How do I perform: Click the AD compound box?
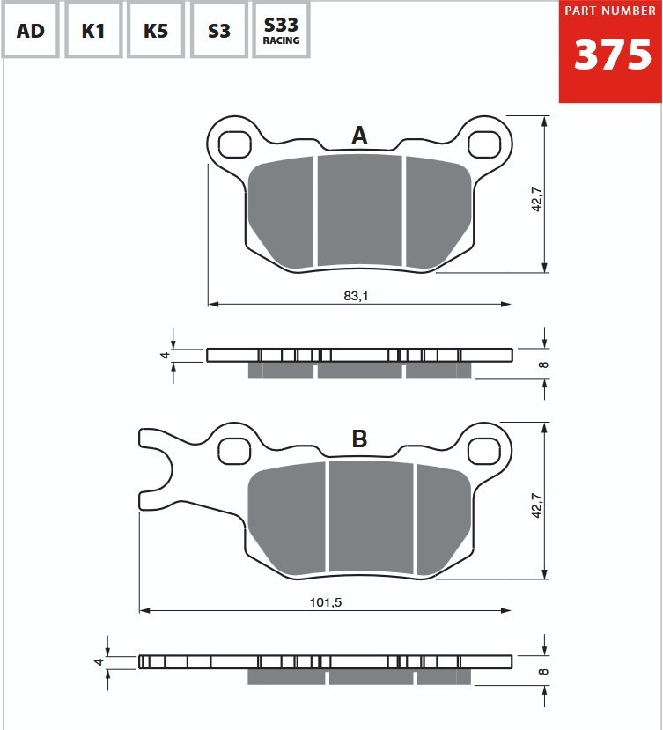pos(30,31)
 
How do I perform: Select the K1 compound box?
pos(93,31)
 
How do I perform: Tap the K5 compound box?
pos(156,31)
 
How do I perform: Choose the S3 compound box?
pos(218,31)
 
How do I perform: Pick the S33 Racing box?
pos(281,31)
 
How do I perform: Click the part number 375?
pos(612,55)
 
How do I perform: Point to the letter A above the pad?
pos(359,136)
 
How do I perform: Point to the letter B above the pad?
pos(359,439)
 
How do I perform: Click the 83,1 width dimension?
pos(356,296)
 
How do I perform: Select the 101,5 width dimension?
pos(326,602)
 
